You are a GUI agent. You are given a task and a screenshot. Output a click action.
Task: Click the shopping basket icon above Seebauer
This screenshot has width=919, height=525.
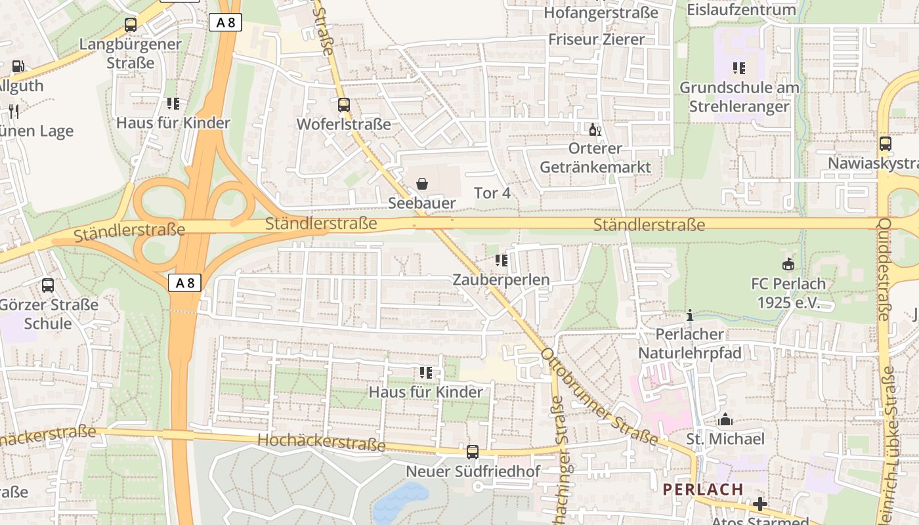422,184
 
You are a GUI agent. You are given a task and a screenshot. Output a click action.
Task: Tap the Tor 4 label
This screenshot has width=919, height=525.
492,193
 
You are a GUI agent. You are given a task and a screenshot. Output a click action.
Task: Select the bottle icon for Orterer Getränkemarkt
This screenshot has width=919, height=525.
595,129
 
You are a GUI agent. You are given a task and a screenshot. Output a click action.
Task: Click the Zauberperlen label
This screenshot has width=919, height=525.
502,280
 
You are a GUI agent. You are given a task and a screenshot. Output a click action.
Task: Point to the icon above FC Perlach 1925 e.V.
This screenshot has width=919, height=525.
788,264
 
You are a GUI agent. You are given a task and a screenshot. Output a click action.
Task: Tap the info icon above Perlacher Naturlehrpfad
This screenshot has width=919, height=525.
689,316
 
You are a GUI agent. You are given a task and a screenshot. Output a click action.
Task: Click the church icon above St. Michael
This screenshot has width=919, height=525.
725,419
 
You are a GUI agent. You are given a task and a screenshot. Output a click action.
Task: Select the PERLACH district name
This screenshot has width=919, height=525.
703,490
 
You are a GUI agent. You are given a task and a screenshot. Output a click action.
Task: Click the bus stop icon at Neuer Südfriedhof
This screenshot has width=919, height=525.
473,452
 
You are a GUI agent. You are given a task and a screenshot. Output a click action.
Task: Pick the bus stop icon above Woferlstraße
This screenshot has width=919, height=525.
344,104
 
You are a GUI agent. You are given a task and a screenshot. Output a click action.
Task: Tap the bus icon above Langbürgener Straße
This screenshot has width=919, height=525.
131,25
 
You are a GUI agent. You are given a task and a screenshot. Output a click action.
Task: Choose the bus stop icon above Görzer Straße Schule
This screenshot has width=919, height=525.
48,285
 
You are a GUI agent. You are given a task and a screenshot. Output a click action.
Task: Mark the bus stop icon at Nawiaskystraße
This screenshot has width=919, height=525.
886,144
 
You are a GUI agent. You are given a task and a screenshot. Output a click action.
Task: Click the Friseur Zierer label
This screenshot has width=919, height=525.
597,39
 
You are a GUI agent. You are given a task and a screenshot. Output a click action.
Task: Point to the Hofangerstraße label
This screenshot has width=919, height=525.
601,12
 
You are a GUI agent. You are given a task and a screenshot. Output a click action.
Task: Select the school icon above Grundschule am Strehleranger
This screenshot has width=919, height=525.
739,68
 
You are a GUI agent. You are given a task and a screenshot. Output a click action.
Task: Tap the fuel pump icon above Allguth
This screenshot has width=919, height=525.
18,66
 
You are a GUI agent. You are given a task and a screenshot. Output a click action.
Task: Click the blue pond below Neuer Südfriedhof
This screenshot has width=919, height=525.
400,502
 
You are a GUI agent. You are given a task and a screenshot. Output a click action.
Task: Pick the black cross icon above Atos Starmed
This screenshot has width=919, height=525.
760,504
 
